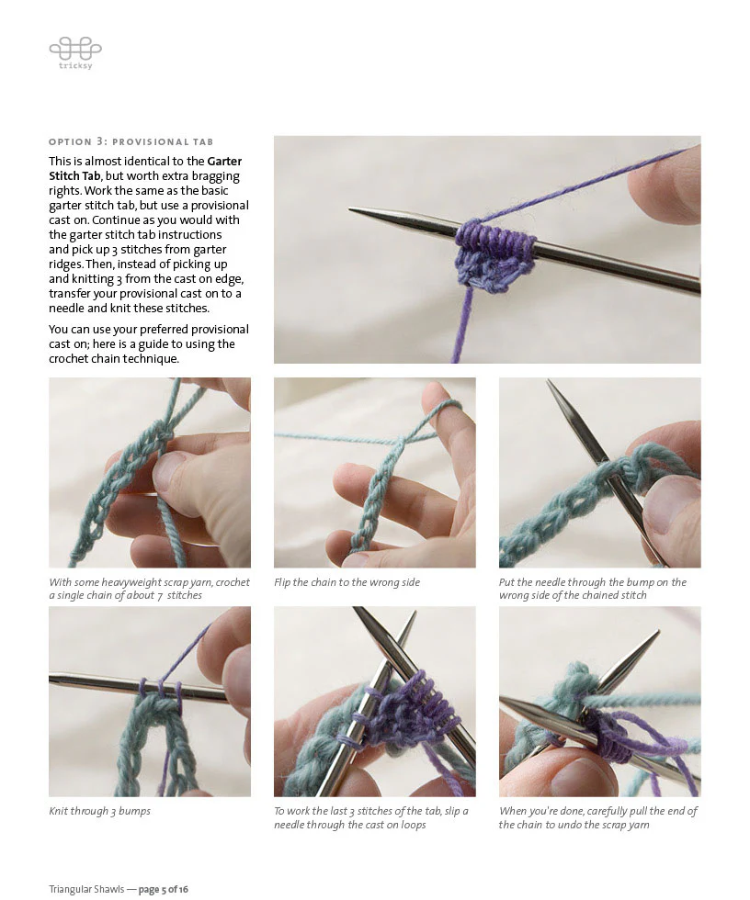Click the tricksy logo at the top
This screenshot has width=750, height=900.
point(74,51)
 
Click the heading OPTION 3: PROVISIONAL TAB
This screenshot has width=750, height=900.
point(131,142)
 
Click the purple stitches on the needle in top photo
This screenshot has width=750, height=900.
point(496,236)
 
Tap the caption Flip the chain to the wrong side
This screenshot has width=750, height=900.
point(347,582)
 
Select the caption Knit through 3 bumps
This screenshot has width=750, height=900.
point(99,811)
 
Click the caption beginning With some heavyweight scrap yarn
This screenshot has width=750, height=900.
point(149,589)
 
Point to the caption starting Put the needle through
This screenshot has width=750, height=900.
point(592,589)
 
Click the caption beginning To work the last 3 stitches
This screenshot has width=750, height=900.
point(370,817)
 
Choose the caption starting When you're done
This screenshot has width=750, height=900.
point(597,817)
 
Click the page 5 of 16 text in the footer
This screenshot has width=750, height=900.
point(164,889)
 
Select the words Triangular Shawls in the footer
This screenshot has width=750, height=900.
point(85,889)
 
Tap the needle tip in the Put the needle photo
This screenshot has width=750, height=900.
point(551,385)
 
